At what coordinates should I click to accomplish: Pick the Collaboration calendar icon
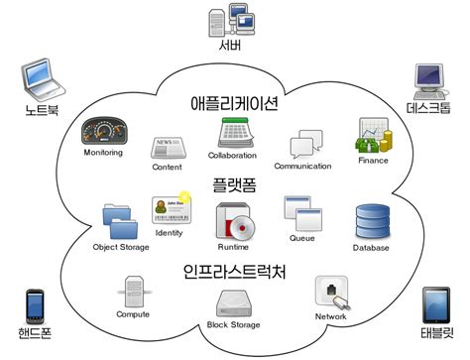tap(234, 133)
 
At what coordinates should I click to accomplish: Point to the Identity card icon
tap(168, 212)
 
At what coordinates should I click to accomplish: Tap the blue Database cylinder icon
tap(372, 221)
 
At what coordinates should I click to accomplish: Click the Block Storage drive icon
tap(232, 302)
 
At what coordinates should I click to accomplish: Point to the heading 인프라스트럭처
tap(234, 271)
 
